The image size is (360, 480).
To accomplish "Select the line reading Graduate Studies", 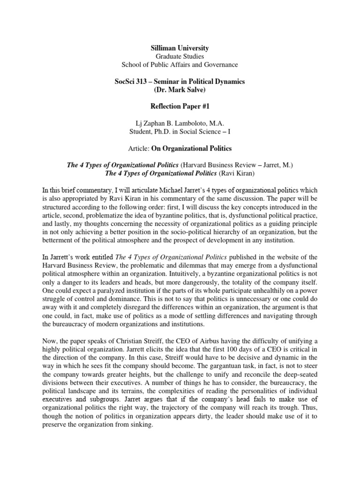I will (180, 56).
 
